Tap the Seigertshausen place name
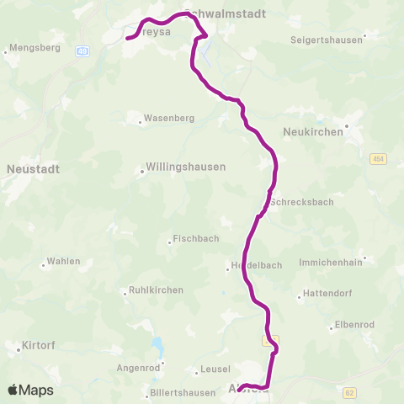(326, 40)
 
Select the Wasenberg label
(169, 119)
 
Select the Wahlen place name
(63, 261)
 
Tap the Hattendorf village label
(327, 295)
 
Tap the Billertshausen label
(180, 393)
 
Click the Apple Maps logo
(30, 390)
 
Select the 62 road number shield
(349, 391)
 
